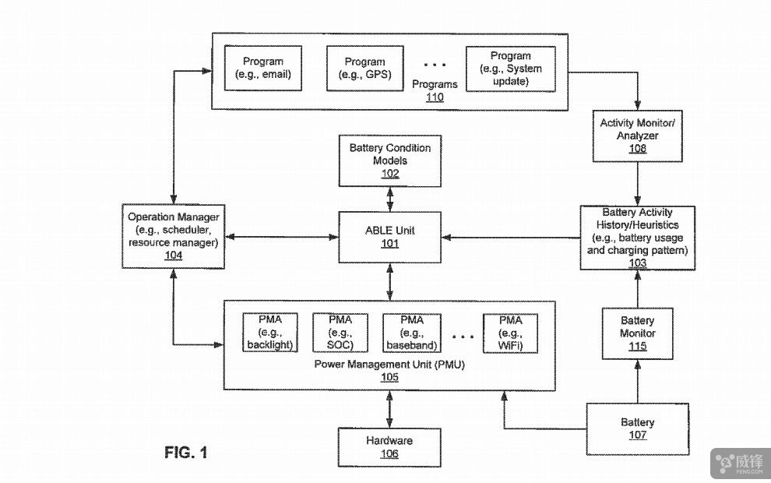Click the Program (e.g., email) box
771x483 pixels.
click(263, 68)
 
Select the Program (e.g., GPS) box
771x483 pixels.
click(365, 68)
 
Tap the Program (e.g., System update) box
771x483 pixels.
click(511, 69)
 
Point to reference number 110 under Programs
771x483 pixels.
click(435, 97)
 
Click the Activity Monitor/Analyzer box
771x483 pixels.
click(638, 136)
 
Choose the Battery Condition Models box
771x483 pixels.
click(389, 160)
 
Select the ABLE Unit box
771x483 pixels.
click(389, 237)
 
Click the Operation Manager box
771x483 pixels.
click(174, 236)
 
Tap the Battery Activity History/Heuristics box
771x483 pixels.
click(637, 238)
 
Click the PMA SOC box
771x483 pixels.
click(340, 333)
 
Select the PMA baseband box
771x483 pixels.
click(412, 333)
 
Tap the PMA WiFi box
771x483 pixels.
click(511, 333)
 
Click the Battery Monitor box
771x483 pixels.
click(637, 333)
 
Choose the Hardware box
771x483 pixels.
click(389, 447)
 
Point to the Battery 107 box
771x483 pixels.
click(637, 428)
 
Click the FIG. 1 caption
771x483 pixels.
click(186, 452)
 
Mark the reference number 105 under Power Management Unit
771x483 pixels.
click(389, 378)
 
